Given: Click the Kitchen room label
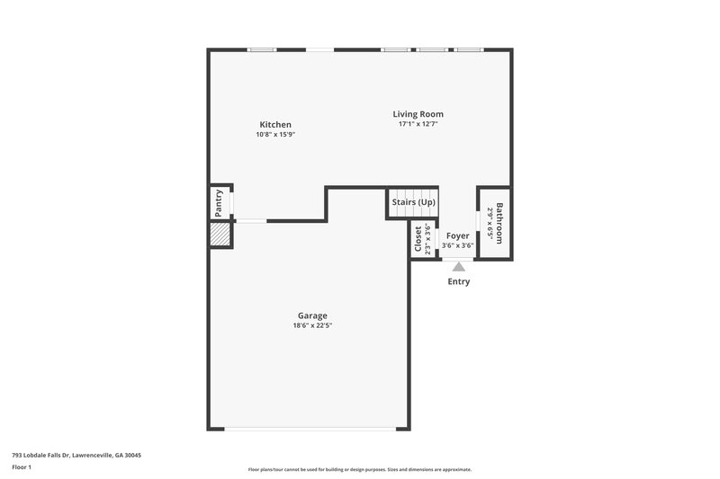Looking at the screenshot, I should point(275,124).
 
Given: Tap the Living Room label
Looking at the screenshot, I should point(418,114).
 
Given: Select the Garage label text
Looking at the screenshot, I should point(312,315).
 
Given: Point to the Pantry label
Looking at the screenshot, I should point(219,203).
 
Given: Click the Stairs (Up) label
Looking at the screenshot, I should point(414,202).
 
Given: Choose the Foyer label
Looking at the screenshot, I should point(457,235).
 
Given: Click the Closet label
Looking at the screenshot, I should point(418,240).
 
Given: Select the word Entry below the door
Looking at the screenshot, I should point(459,281).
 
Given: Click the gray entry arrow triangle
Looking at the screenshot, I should point(459,266).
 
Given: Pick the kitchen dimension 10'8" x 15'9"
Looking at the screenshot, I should point(275,134).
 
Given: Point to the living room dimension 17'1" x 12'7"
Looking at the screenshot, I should point(418,124).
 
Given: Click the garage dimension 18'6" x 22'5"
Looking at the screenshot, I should point(312,325).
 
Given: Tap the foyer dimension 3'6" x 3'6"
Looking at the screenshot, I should point(457,245).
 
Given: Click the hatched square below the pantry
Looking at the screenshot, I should point(220,234).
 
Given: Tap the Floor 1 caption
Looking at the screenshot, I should point(22,467).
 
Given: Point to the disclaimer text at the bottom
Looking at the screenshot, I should point(360,469).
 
